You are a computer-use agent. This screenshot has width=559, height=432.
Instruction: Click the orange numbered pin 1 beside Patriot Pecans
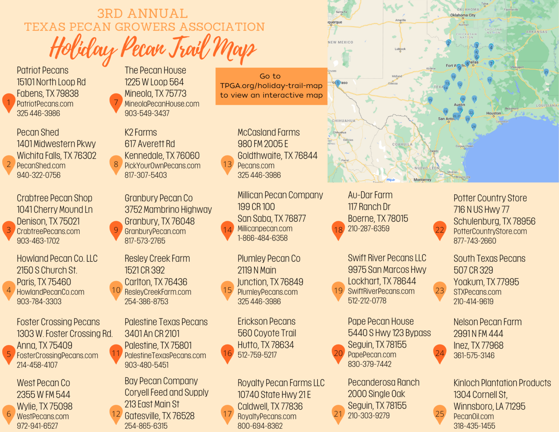[9, 103]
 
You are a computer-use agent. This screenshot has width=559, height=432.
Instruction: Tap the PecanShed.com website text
[41, 166]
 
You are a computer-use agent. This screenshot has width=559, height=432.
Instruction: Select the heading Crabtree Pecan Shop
[55, 198]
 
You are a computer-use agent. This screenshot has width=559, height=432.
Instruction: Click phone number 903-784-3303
[39, 301]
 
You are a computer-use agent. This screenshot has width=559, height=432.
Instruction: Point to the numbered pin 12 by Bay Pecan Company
[116, 414]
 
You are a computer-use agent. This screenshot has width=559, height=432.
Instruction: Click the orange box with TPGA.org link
[271, 86]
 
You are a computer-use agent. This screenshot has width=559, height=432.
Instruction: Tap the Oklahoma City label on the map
[463, 15]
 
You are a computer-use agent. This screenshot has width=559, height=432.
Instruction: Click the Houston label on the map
[493, 113]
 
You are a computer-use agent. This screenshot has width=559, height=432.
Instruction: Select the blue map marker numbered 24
[473, 127]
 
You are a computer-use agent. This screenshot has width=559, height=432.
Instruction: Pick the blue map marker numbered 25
[546, 72]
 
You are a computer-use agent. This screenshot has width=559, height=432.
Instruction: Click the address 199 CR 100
[256, 207]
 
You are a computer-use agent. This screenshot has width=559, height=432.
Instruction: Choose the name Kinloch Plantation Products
[502, 383]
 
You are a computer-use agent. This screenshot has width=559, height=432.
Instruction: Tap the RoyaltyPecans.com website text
[267, 416]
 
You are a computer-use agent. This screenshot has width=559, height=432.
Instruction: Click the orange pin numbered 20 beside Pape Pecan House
[338, 353]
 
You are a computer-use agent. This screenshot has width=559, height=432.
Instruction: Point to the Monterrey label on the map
[422, 180]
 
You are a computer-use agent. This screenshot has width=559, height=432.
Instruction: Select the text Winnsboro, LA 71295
[489, 406]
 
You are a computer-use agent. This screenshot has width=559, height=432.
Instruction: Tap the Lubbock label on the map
[400, 49]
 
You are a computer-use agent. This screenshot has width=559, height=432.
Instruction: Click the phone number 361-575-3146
[474, 355]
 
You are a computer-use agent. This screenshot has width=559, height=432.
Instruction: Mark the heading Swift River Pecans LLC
[387, 258]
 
